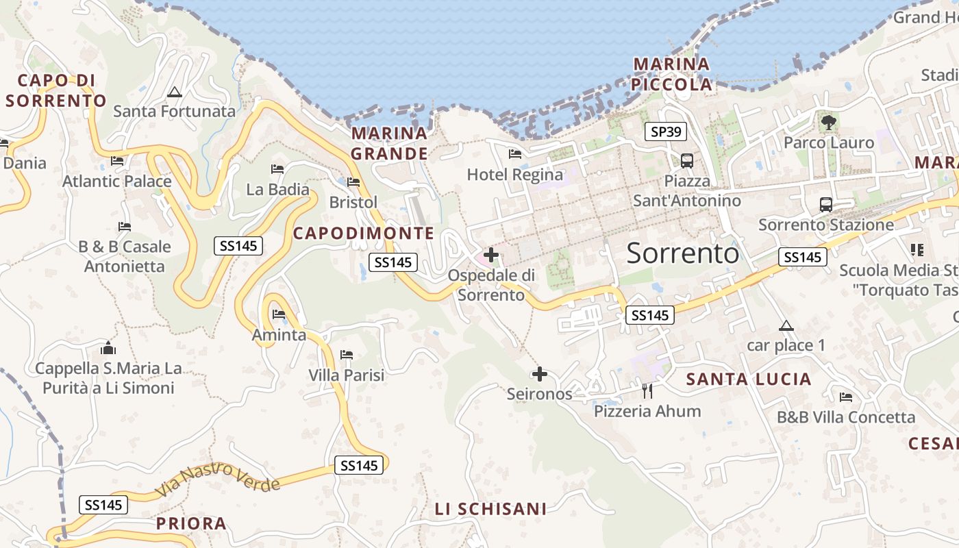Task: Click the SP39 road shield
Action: tap(665, 132)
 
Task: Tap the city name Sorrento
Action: tap(683, 253)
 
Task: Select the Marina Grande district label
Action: tap(389, 143)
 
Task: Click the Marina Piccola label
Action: tap(672, 75)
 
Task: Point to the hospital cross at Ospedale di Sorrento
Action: tap(490, 256)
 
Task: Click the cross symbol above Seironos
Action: tap(540, 374)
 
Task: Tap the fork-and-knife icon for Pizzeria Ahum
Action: tap(647, 391)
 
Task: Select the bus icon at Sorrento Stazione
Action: tap(826, 204)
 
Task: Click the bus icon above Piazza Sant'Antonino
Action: tap(686, 161)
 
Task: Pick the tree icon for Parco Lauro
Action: tap(829, 123)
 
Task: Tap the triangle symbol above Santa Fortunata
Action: tap(175, 92)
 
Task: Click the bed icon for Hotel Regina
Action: tap(515, 154)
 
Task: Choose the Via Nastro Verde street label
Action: tap(218, 480)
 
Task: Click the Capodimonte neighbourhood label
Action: tap(364, 234)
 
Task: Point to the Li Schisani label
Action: tap(490, 509)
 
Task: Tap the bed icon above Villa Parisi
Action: tap(347, 355)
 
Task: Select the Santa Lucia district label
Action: tap(749, 379)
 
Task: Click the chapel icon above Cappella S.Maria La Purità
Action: tap(108, 349)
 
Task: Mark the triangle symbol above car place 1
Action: tap(786, 325)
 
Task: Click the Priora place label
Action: tap(191, 524)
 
